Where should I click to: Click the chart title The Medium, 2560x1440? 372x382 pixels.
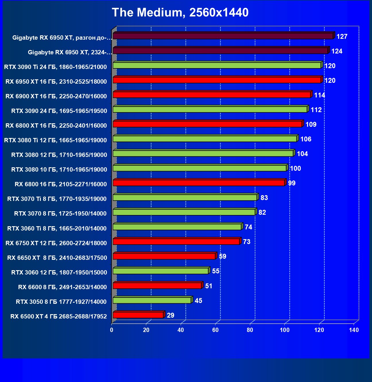(x=180, y=13)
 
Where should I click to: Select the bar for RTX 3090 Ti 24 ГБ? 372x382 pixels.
(x=217, y=66)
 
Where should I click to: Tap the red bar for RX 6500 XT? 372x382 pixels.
(x=138, y=315)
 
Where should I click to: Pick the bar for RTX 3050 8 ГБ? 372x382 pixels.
(x=152, y=300)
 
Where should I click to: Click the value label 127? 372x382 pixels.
(x=342, y=37)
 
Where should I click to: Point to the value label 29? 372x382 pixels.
(x=170, y=315)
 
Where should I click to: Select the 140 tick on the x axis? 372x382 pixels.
(x=354, y=330)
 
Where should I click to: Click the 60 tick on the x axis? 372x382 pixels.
(x=215, y=330)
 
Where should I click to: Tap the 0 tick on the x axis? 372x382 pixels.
(x=112, y=330)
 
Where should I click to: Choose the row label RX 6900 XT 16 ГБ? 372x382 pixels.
(x=56, y=96)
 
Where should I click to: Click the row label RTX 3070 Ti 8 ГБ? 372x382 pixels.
(x=57, y=199)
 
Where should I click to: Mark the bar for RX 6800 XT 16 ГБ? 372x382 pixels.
(x=207, y=124)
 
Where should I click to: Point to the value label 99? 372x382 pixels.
(x=292, y=183)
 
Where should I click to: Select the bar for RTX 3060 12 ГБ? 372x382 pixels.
(x=161, y=271)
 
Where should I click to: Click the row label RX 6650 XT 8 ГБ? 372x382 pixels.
(x=57, y=258)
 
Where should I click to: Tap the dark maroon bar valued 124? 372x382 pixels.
(x=220, y=51)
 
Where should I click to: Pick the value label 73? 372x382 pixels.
(x=246, y=242)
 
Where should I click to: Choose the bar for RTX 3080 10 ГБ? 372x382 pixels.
(x=200, y=168)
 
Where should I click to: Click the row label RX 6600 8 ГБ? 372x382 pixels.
(x=62, y=287)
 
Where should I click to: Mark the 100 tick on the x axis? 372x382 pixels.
(x=285, y=330)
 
